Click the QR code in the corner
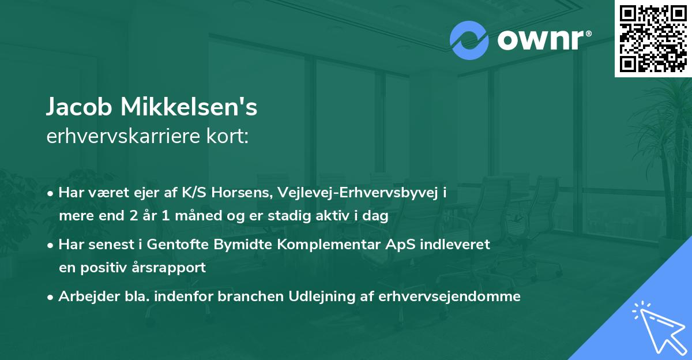(x=653, y=39)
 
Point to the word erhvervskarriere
(x=122, y=137)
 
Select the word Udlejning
(x=309, y=296)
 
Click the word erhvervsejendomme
(x=450, y=296)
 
